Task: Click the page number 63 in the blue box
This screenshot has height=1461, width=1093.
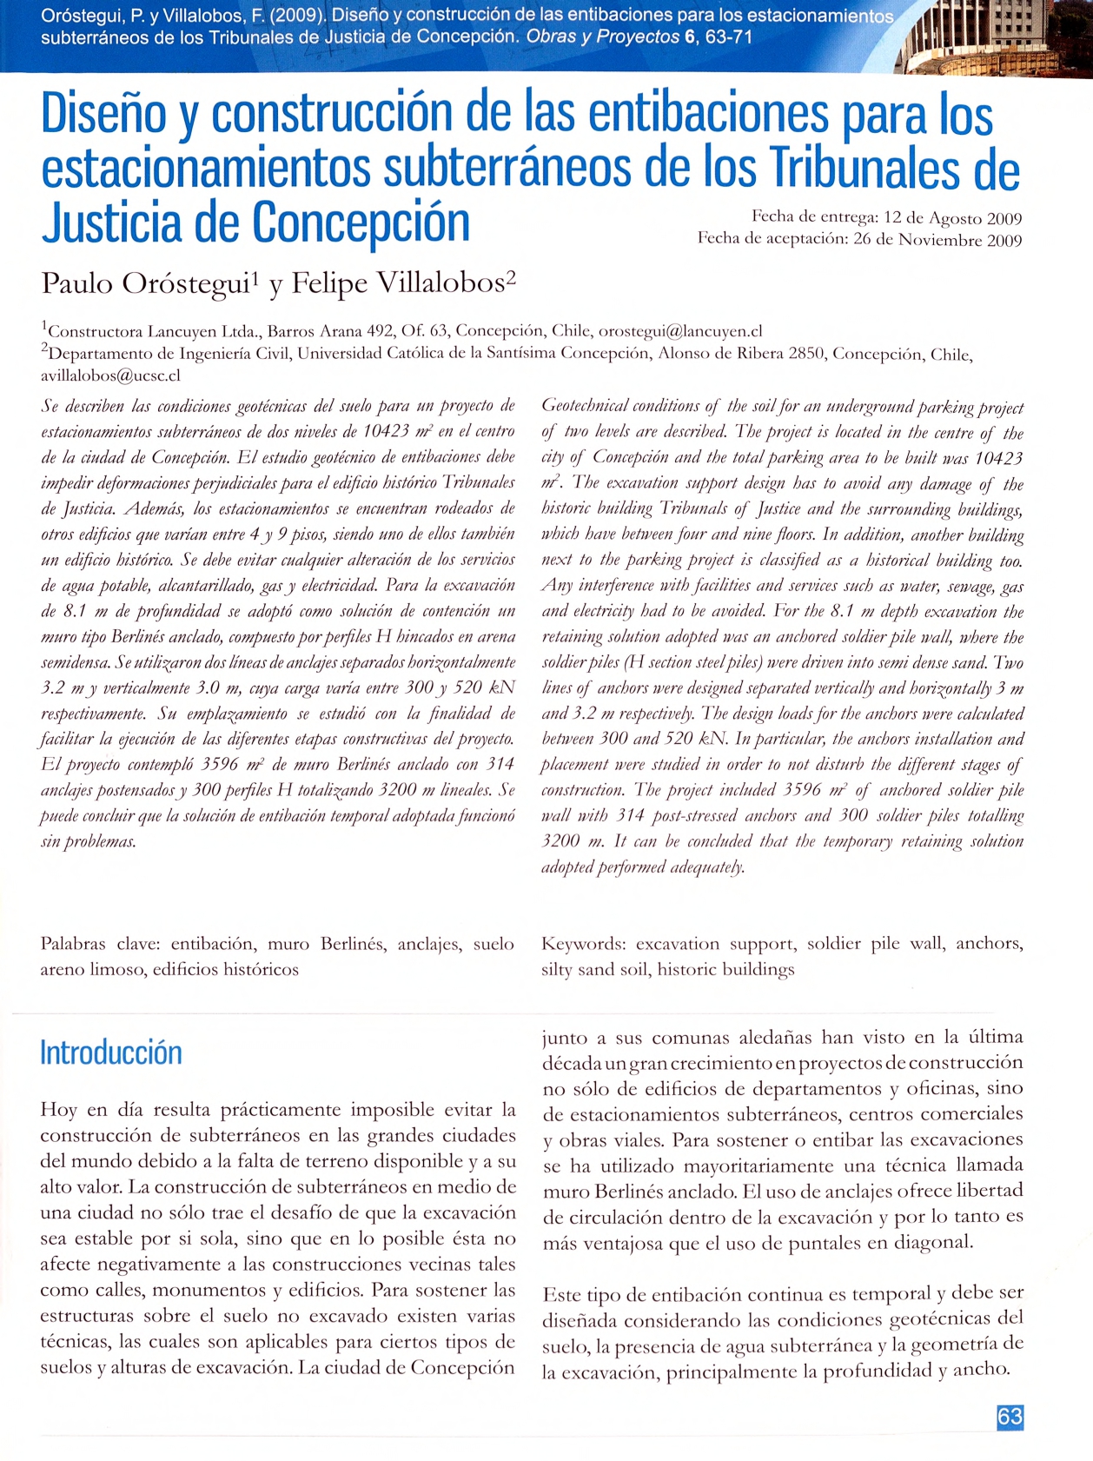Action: pos(1010,1418)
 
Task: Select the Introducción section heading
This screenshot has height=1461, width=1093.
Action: pos(111,1053)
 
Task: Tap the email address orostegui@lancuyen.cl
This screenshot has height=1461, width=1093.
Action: pos(680,331)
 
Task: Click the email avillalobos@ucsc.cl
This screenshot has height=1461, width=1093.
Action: pos(110,376)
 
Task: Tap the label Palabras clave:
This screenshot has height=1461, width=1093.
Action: pos(100,944)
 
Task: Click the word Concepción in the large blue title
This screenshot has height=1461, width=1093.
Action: pos(362,222)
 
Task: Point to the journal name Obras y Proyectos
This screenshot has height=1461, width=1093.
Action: pos(603,37)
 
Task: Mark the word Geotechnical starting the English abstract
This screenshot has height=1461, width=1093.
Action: pos(586,407)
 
